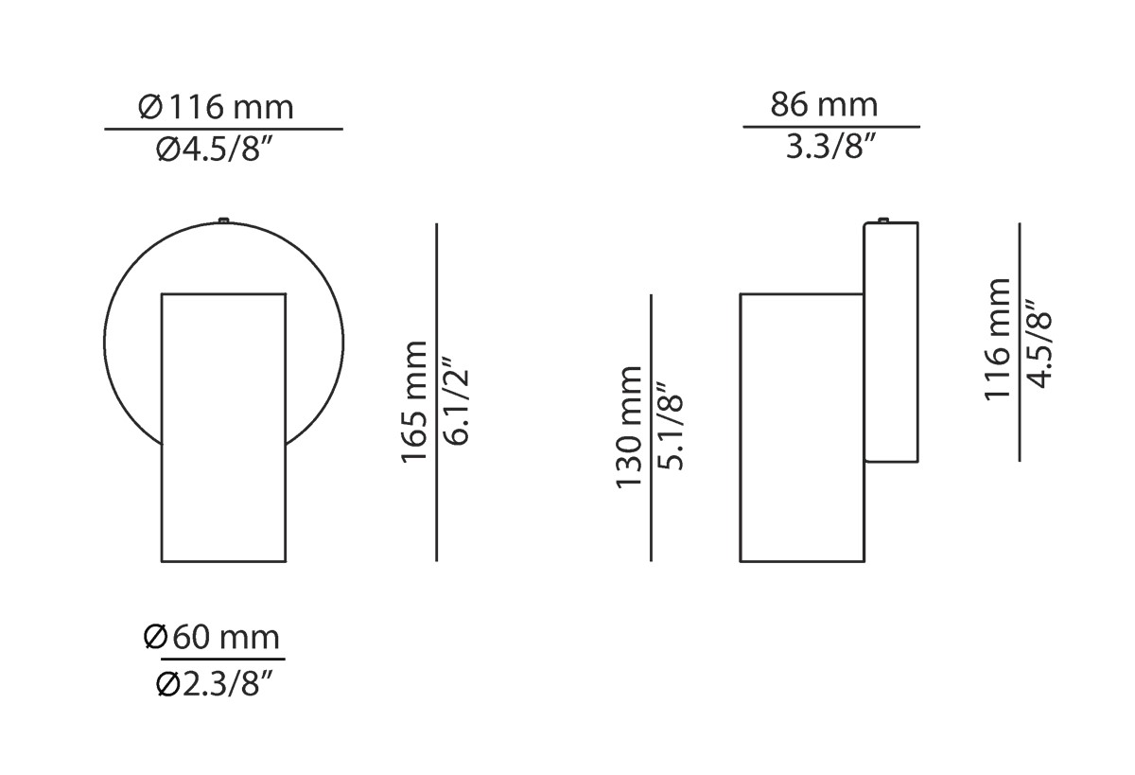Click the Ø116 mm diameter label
pyautogui.click(x=217, y=107)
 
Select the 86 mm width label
pyautogui.click(x=824, y=104)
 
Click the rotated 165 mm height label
pyautogui.click(x=415, y=402)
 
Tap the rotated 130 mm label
pyautogui.click(x=629, y=428)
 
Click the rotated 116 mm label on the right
pyautogui.click(x=998, y=341)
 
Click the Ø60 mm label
pyautogui.click(x=213, y=637)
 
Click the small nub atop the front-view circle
pyautogui.click(x=223, y=221)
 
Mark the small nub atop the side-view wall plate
pyautogui.click(x=882, y=220)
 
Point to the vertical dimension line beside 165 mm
pyautogui.click(x=436, y=393)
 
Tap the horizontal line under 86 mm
pyautogui.click(x=831, y=126)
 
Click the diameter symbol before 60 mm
pyautogui.click(x=156, y=637)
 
